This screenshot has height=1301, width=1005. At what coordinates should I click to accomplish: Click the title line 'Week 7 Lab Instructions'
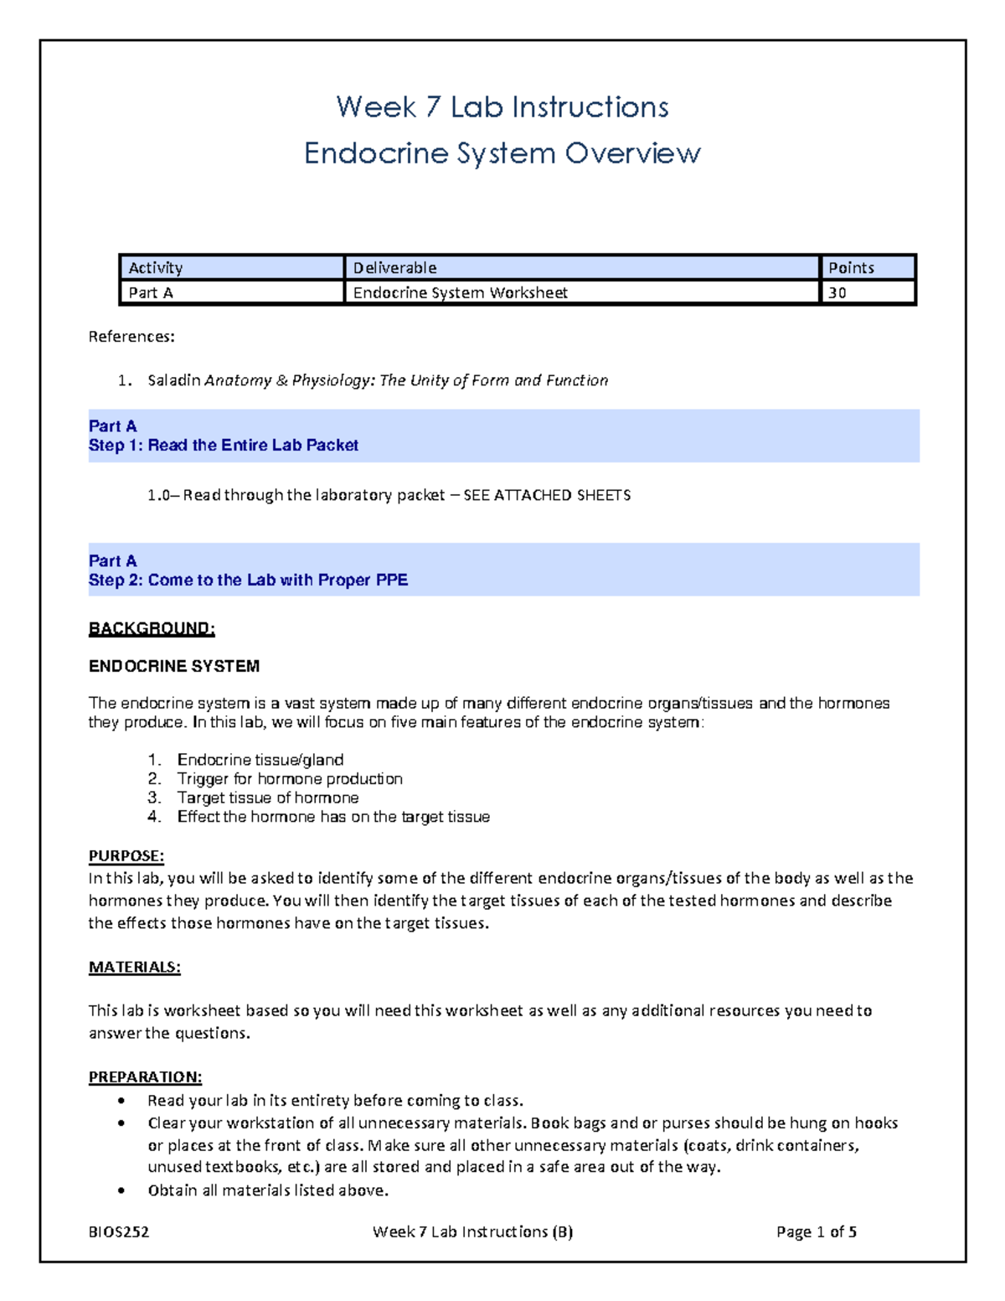[x=502, y=107]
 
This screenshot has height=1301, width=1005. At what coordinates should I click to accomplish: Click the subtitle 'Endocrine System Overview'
[x=502, y=153]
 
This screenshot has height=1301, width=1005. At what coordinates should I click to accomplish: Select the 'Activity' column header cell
[x=231, y=268]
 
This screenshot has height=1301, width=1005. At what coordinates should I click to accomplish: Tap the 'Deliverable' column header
[x=580, y=268]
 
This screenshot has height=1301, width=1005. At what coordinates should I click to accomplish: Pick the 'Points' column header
[x=867, y=268]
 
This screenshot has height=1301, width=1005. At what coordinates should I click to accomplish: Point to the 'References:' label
[x=131, y=337]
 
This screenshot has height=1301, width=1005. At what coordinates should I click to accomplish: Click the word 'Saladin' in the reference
[x=173, y=380]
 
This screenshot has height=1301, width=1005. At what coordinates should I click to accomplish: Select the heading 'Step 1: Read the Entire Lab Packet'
[x=224, y=446]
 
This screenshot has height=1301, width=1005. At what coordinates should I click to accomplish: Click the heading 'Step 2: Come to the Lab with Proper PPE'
[x=248, y=581]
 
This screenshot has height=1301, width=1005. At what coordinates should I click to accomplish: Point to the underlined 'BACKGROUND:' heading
[x=152, y=628]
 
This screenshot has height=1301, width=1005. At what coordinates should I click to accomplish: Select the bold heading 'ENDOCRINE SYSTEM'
[x=174, y=666]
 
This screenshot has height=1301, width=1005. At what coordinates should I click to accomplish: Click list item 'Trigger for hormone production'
[x=290, y=779]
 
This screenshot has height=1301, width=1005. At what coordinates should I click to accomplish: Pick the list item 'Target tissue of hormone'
[x=268, y=798]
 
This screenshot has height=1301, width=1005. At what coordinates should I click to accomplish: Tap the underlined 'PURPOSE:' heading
[x=126, y=856]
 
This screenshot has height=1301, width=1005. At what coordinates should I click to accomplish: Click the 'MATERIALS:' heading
[x=135, y=967]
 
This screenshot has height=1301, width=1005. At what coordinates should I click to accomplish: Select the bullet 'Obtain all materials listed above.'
[x=268, y=1190]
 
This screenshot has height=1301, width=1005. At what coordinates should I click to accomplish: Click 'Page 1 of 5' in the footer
[x=816, y=1231]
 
